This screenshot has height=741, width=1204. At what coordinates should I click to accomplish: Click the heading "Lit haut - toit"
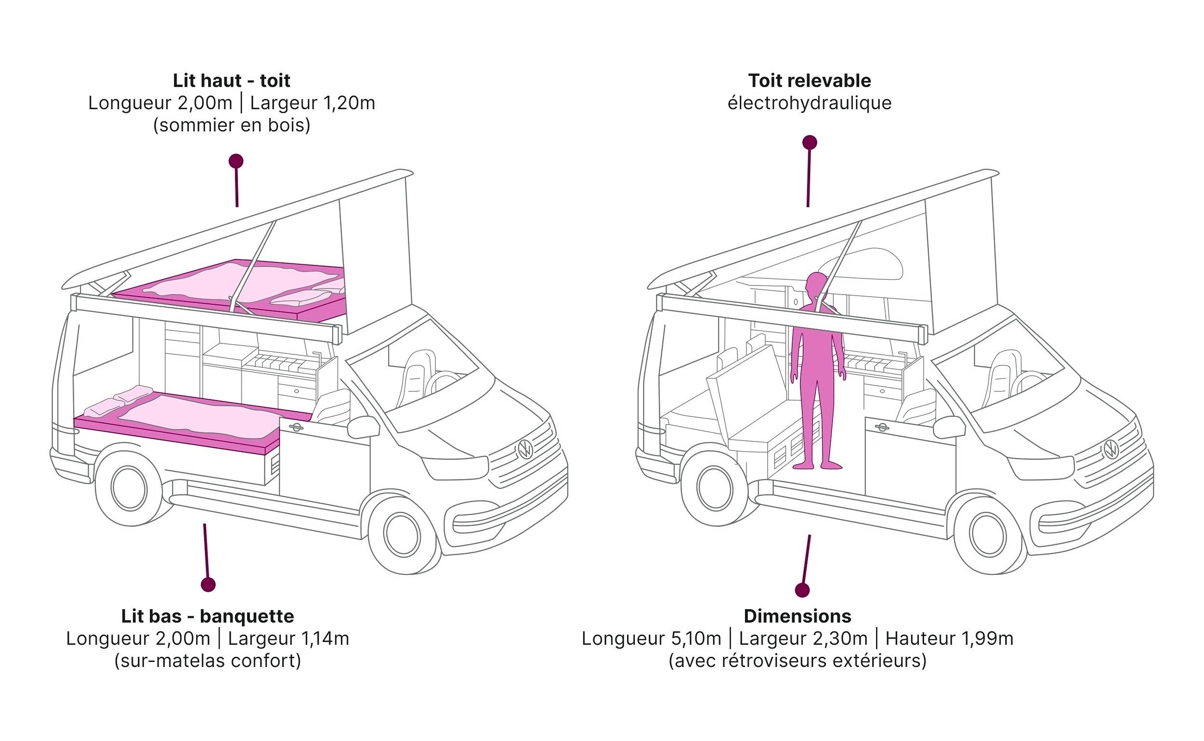pyautogui.click(x=231, y=81)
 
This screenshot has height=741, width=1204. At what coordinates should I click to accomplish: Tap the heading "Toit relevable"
pyautogui.click(x=810, y=81)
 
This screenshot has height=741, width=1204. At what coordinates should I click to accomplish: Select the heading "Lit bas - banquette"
pyautogui.click(x=208, y=616)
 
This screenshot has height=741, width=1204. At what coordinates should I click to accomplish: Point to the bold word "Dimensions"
pyautogui.click(x=797, y=616)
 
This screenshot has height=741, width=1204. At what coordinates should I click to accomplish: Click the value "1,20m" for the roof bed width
pyautogui.click(x=350, y=104)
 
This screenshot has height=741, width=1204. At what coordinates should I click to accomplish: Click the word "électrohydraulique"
pyautogui.click(x=810, y=104)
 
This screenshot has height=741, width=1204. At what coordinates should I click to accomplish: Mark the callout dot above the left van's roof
pyautogui.click(x=236, y=161)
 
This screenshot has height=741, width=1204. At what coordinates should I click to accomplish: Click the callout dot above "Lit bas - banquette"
pyautogui.click(x=209, y=584)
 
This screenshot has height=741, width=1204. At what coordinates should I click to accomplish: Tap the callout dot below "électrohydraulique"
pyautogui.click(x=810, y=143)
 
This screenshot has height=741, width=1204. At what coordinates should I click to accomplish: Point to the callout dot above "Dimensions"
pyautogui.click(x=802, y=590)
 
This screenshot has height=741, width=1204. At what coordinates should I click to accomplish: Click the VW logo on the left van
pyautogui.click(x=525, y=449)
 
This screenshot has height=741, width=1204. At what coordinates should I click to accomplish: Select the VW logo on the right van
pyautogui.click(x=1112, y=449)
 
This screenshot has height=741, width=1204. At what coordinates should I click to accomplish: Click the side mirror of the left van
pyautogui.click(x=363, y=427)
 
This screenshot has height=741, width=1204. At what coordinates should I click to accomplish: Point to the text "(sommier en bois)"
pyautogui.click(x=231, y=126)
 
